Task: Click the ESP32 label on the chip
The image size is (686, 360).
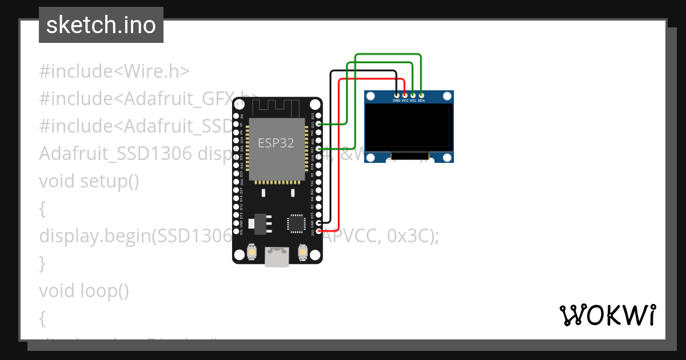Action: pyautogui.click(x=276, y=143)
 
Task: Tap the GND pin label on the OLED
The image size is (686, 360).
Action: pyautogui.click(x=396, y=101)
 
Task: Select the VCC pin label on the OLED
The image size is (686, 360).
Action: pyautogui.click(x=405, y=101)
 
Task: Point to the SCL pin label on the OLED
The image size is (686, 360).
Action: pyautogui.click(x=413, y=101)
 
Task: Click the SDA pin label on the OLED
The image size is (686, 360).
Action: pyautogui.click(x=421, y=101)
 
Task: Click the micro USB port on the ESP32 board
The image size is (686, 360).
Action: pyautogui.click(x=277, y=257)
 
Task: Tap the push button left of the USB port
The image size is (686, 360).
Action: pyautogui.click(x=252, y=251)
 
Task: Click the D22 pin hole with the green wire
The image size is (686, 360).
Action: pyautogui.click(x=318, y=123)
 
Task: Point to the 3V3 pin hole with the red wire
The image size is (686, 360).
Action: pyautogui.click(x=318, y=231)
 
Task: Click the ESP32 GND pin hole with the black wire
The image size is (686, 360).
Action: pyautogui.click(x=318, y=222)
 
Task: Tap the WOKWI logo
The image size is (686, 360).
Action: pyautogui.click(x=607, y=315)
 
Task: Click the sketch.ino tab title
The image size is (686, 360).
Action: pyautogui.click(x=101, y=25)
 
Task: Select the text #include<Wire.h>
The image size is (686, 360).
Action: pyautogui.click(x=114, y=71)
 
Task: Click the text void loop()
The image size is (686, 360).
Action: pyautogui.click(x=84, y=291)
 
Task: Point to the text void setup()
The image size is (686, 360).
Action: pyautogui.click(x=89, y=181)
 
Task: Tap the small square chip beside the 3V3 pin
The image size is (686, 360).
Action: pyautogui.click(x=296, y=223)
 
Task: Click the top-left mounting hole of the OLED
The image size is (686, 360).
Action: pyautogui.click(x=371, y=97)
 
